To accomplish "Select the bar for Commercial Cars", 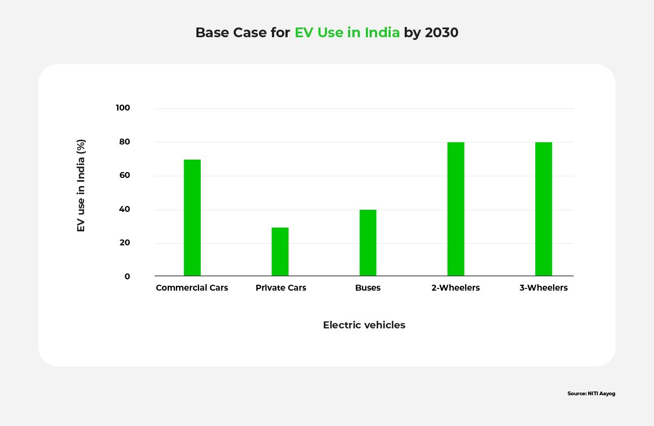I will coord(192,218).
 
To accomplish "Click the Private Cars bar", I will coord(280,252).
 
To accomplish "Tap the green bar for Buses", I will coord(368,243).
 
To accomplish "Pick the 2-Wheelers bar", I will coord(455,209).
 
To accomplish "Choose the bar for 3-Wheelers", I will coord(543,209).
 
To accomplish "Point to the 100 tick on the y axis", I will coord(123,108).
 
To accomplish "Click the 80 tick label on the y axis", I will coord(125,142).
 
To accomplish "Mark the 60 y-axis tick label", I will coord(125,175).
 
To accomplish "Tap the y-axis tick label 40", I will coord(125,209).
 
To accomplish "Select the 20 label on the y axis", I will coord(125,243).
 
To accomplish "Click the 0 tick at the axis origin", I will coord(127,277).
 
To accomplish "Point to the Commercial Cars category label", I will coord(192,288).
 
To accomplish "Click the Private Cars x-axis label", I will coord(281,288).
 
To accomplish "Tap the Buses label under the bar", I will coord(368,288).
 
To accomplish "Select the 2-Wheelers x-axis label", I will coord(455,288).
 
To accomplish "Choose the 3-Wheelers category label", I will coord(543,288).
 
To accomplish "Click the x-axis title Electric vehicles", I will coord(364,325).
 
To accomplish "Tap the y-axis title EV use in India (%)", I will coord(81,185).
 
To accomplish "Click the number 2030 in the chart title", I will coord(441,33).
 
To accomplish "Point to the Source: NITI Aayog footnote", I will coord(591,394).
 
